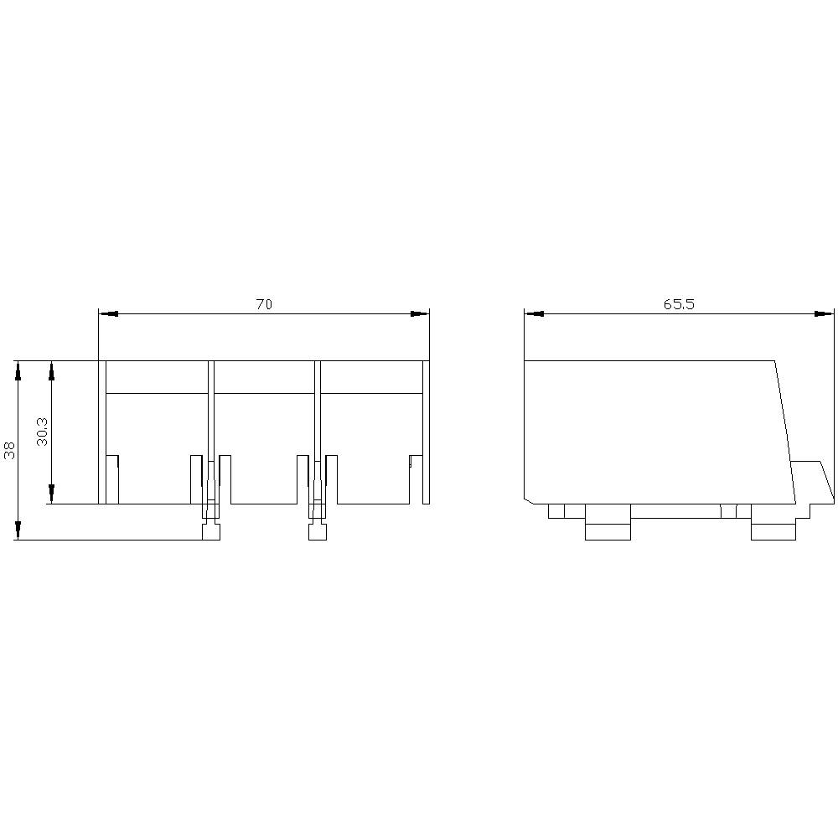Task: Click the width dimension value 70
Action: click(264, 305)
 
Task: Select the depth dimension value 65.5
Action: click(679, 305)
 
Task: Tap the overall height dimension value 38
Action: click(10, 451)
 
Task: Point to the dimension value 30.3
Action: click(44, 432)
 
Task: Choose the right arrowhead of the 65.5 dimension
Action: click(825, 314)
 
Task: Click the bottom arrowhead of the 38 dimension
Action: click(18, 530)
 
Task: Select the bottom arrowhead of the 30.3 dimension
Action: click(52, 494)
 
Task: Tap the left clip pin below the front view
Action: click(210, 531)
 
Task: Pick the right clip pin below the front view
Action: click(317, 531)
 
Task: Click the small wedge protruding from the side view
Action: click(811, 479)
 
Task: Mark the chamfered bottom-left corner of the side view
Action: click(529, 500)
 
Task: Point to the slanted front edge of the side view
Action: click(785, 432)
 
